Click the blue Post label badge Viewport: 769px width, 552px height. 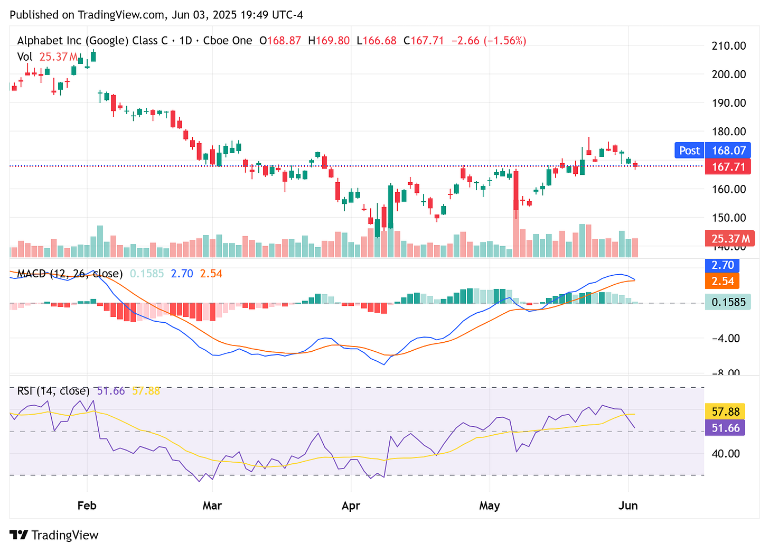[689, 151]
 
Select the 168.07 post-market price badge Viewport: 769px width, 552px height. [728, 151]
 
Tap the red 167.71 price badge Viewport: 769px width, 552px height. [728, 167]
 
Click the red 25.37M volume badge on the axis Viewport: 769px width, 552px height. [729, 239]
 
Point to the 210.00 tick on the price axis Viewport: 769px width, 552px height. [729, 46]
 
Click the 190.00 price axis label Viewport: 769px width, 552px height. [729, 103]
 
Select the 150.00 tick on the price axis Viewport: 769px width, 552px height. [729, 218]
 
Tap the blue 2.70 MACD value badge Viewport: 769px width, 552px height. [723, 265]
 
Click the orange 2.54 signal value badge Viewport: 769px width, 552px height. [723, 281]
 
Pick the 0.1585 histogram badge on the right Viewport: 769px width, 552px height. [728, 302]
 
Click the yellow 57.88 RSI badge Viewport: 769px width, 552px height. [726, 411]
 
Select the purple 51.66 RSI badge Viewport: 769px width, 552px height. [726, 427]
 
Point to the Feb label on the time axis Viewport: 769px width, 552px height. [87, 506]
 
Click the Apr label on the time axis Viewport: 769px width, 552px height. [351, 506]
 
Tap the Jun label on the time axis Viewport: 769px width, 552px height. [628, 506]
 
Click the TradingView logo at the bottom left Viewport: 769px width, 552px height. [54, 535]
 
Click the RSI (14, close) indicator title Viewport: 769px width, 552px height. [53, 391]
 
